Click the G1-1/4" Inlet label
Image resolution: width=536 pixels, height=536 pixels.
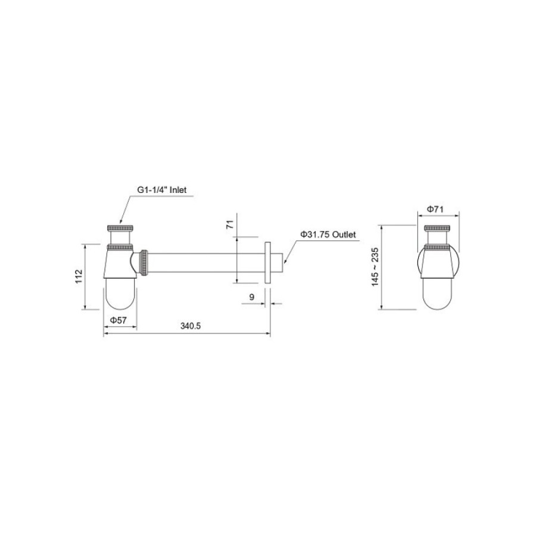point(161,189)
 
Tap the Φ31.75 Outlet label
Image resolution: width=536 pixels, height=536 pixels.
point(328,235)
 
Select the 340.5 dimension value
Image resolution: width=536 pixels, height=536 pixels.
point(191,326)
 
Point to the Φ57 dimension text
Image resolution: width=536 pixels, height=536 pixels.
point(119,320)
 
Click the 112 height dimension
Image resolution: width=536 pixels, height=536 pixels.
point(79,276)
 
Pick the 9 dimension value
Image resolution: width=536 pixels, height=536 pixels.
point(252,297)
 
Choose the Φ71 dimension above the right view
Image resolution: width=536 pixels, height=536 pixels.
point(435,209)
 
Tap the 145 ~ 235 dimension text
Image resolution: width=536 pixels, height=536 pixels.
point(375,267)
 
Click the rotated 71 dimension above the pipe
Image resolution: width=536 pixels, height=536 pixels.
point(230,225)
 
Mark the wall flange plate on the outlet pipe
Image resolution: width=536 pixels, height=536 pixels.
point(267,262)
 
